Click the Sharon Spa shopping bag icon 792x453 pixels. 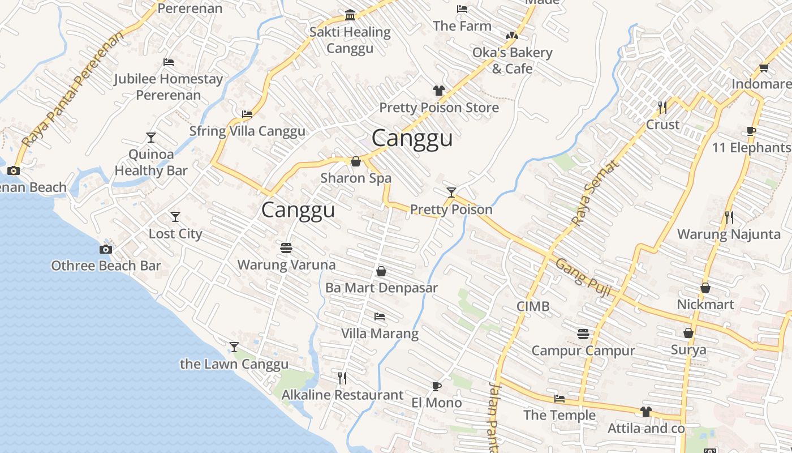click(x=356, y=162)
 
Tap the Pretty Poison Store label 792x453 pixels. click(x=439, y=108)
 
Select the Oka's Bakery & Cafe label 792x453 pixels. click(x=512, y=61)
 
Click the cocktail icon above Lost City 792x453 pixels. click(x=175, y=217)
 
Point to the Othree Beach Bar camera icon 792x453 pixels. click(x=105, y=250)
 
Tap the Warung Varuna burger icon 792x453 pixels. click(x=286, y=248)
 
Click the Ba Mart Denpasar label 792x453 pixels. click(x=381, y=288)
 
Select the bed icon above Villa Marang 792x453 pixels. click(x=380, y=317)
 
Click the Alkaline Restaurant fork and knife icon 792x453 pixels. click(x=342, y=378)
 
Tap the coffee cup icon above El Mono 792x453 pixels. click(x=436, y=387)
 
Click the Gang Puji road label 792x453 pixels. click(x=583, y=277)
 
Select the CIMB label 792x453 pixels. click(x=533, y=306)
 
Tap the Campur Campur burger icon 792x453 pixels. click(x=583, y=334)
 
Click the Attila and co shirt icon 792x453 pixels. click(x=646, y=412)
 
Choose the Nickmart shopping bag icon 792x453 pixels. click(x=705, y=288)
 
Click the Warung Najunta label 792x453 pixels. click(x=729, y=234)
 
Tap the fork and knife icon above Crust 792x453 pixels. click(x=662, y=107)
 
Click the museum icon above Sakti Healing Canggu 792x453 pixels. click(x=350, y=15)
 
